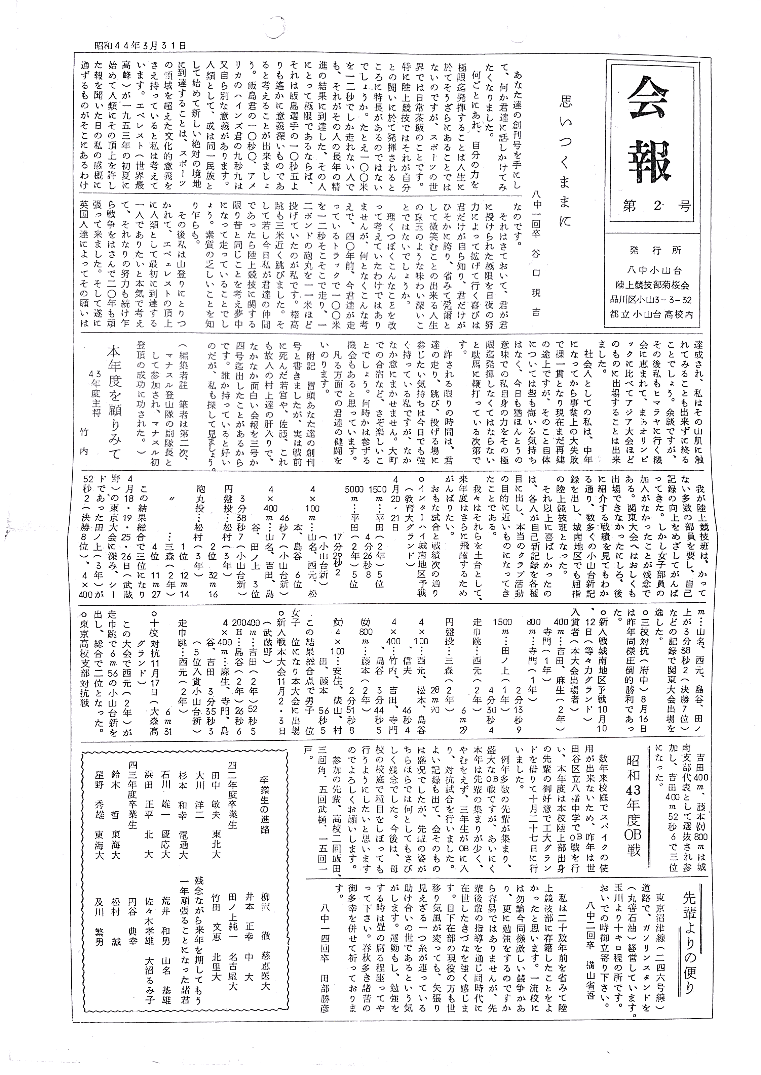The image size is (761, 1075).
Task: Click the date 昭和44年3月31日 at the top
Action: [140, 45]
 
